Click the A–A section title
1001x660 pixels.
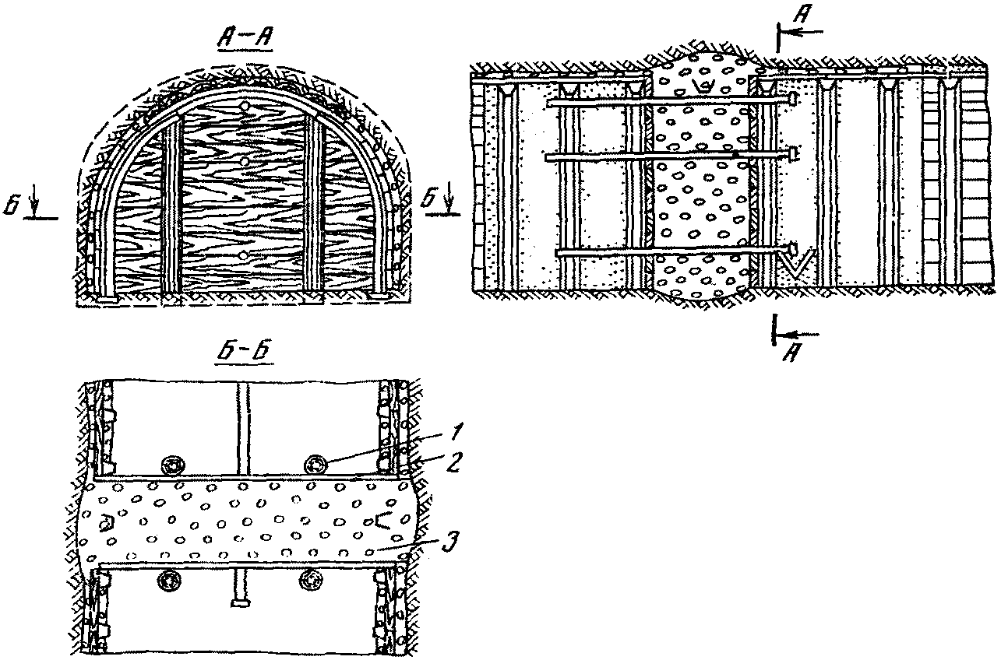tap(245, 38)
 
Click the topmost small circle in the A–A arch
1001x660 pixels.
tap(245, 104)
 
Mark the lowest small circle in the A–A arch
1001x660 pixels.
tap(245, 255)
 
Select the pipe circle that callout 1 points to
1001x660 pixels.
tap(315, 464)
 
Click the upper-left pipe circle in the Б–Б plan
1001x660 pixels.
tap(171, 465)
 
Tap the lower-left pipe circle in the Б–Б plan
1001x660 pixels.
tap(168, 578)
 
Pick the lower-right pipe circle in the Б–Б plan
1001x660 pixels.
tap(313, 579)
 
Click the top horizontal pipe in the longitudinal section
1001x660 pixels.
tap(670, 101)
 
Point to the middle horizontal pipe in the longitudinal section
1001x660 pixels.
tap(670, 156)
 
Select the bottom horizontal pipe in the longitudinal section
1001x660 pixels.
tap(670, 251)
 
